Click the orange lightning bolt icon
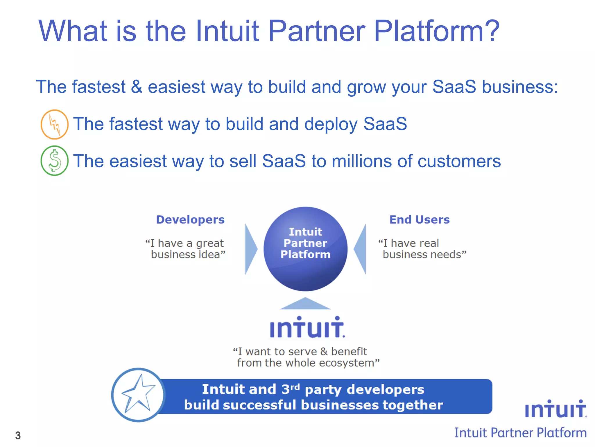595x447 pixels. [x=54, y=124]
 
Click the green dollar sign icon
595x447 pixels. [x=54, y=161]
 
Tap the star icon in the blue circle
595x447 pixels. [x=138, y=395]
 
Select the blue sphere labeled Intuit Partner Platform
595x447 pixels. [x=305, y=249]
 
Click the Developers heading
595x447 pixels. [x=190, y=220]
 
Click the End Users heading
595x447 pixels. [x=419, y=220]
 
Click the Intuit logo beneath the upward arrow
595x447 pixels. [x=307, y=328]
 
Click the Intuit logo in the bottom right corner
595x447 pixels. [x=555, y=409]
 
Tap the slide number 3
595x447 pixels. [x=18, y=435]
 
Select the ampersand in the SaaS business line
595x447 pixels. [x=137, y=87]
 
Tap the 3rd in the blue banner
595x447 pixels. [x=290, y=389]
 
